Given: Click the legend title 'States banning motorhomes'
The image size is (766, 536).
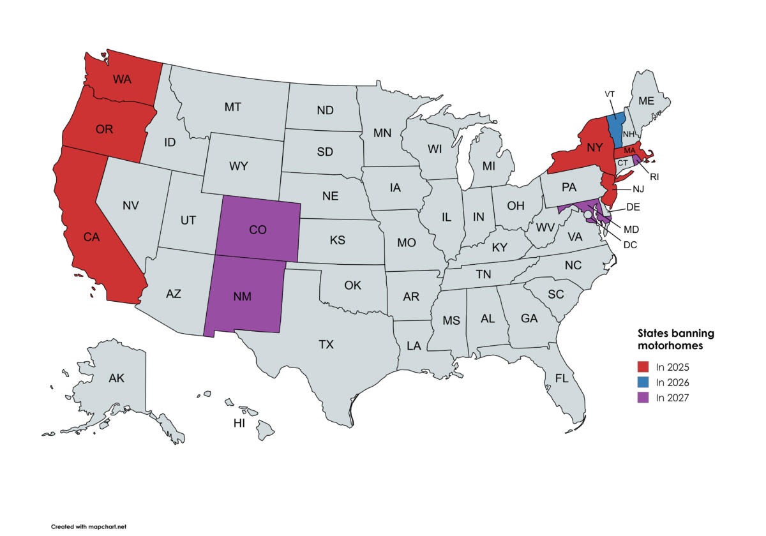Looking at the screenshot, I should pyautogui.click(x=676, y=339).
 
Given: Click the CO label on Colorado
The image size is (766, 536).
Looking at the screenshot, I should pyautogui.click(x=258, y=230).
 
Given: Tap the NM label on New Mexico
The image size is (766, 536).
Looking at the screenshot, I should pyautogui.click(x=241, y=296).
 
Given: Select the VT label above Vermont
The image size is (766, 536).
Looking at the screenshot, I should pyautogui.click(x=610, y=94).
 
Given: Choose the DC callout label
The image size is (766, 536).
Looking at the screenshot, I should pyautogui.click(x=630, y=244).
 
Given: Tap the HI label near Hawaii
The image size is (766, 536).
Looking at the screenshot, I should pyautogui.click(x=239, y=423).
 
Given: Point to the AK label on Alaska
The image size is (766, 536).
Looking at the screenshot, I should pyautogui.click(x=116, y=378).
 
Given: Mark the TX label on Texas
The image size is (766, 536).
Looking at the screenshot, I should pyautogui.click(x=326, y=345).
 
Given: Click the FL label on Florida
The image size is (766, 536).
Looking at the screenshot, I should pyautogui.click(x=561, y=378).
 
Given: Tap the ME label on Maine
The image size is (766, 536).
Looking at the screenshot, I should pyautogui.click(x=646, y=101).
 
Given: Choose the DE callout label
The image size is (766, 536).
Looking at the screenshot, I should pyautogui.click(x=633, y=207).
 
